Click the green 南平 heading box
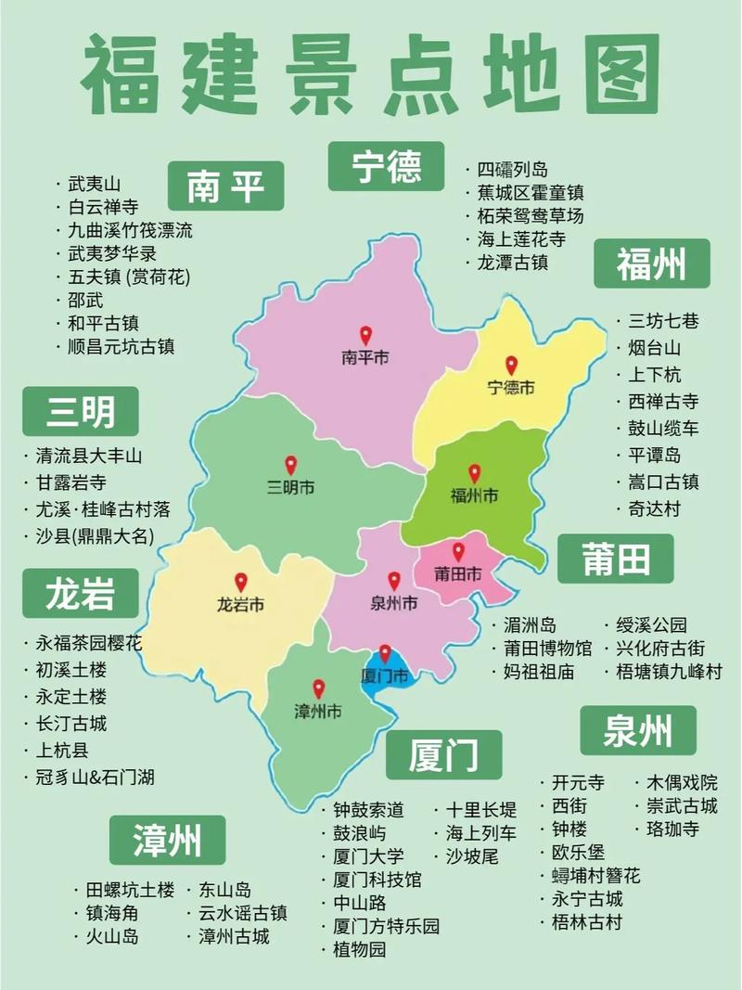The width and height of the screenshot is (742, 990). click(x=225, y=186)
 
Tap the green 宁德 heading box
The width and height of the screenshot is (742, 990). click(x=386, y=167)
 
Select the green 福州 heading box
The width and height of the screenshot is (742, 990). click(x=651, y=264)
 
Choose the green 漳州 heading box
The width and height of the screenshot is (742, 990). click(x=167, y=841)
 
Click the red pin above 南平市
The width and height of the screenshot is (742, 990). click(x=365, y=335)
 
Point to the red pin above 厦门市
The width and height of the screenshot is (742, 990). click(x=385, y=654)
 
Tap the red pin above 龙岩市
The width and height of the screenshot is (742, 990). click(x=241, y=582)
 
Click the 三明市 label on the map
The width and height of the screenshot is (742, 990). click(x=290, y=487)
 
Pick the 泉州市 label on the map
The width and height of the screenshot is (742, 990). click(x=394, y=603)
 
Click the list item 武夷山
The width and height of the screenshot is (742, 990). click(x=95, y=184)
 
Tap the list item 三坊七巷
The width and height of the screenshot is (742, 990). click(x=663, y=322)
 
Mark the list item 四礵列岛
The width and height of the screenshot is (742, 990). click(x=512, y=169)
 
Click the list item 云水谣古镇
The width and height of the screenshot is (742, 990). click(x=242, y=913)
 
